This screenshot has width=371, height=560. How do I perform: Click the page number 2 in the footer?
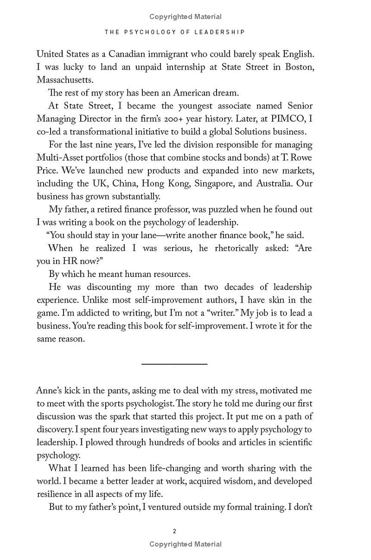point(174,531)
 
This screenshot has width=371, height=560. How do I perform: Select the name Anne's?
point(50,391)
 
